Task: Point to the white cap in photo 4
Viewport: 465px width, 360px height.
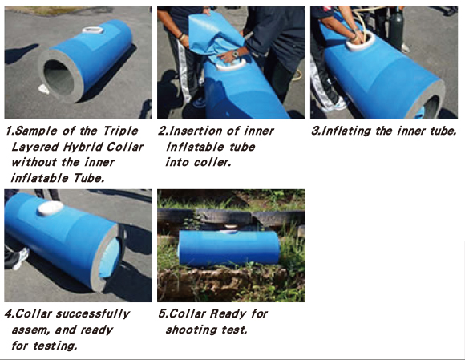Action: (51, 208)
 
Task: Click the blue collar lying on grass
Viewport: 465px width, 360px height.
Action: (228, 247)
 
